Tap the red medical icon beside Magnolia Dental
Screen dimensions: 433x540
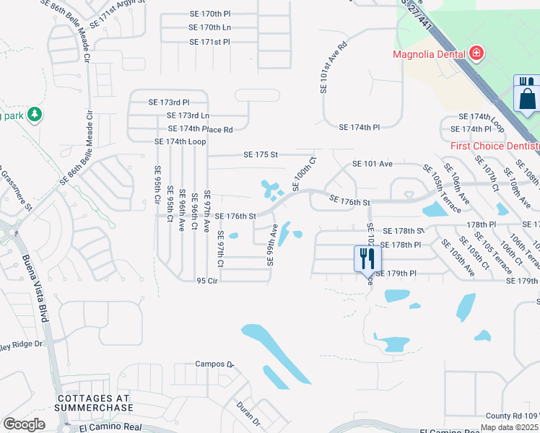[476, 53]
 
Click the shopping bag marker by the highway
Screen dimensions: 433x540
[528, 97]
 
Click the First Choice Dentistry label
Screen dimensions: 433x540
[495, 146]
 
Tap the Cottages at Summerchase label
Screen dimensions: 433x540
[95, 403]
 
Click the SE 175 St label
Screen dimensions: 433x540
[261, 154]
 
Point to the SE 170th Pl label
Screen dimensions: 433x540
[209, 14]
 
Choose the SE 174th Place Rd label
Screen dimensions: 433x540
[200, 129]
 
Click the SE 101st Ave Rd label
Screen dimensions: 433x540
[324, 66]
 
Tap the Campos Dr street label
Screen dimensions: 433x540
[215, 364]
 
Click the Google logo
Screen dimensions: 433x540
[24, 424]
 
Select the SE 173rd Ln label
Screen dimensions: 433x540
[188, 115]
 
